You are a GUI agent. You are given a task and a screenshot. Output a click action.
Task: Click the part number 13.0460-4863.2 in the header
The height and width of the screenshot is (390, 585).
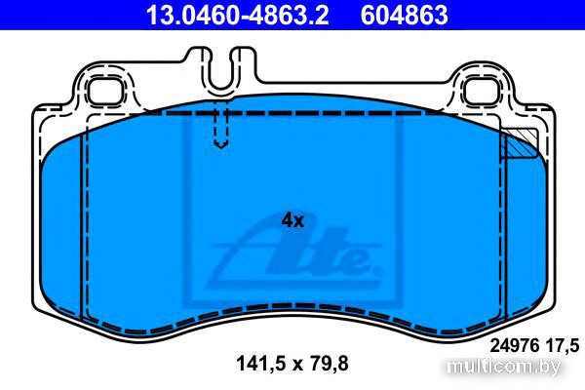pos(237,16)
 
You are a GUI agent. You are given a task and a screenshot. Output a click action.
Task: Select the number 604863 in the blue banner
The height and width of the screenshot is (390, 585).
pos(404,16)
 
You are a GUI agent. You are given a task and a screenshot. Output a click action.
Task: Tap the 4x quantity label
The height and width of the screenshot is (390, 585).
pos(292,221)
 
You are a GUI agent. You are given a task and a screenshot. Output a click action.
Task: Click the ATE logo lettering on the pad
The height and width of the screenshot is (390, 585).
pos(294,256)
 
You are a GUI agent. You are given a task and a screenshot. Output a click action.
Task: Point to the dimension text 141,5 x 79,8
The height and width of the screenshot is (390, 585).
pos(292,363)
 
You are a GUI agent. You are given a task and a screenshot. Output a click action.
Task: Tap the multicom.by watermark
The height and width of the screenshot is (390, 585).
pos(503,367)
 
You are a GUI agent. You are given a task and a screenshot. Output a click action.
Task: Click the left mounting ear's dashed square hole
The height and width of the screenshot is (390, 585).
pos(105,92)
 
